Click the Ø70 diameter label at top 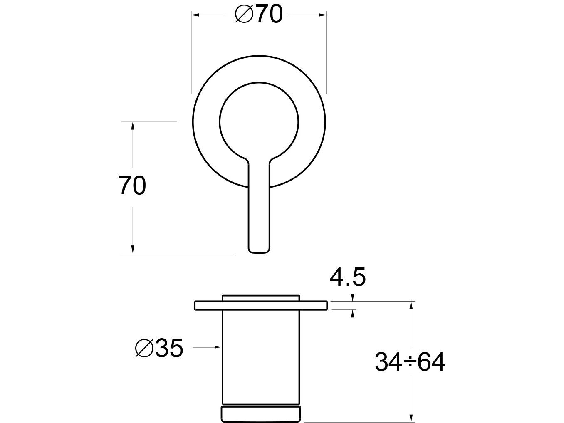pyautogui.click(x=259, y=15)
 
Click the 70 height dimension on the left pyautogui.click(x=132, y=186)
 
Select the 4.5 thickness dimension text pyautogui.click(x=348, y=277)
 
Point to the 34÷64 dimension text pyautogui.click(x=410, y=362)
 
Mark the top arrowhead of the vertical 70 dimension pyautogui.click(x=133, y=126)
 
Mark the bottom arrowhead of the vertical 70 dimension pyautogui.click(x=133, y=249)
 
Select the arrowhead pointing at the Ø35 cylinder pyautogui.click(x=217, y=346)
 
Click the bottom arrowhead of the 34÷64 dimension pyautogui.click(x=411, y=418)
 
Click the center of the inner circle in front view pyautogui.click(x=259, y=120)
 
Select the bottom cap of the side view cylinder pyautogui.click(x=261, y=414)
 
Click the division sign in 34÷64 pyautogui.click(x=410, y=362)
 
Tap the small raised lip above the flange pyautogui.click(x=261, y=297)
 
